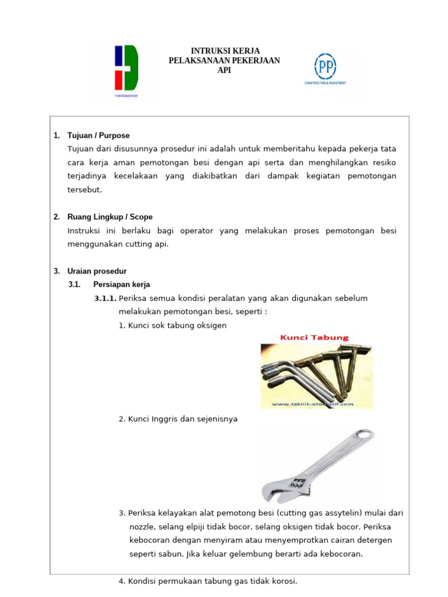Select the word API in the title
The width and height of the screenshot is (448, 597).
coord(224,70)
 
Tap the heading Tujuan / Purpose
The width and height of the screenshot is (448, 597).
coord(98,135)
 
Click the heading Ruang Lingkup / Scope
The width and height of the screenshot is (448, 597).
coord(110,217)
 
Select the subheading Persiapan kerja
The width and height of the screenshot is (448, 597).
coord(121,285)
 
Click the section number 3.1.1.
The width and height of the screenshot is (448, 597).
coord(105,298)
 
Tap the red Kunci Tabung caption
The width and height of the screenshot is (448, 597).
coord(315,337)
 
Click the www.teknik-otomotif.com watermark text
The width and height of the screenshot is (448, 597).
coord(313,403)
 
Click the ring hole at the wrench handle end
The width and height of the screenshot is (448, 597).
coord(365,435)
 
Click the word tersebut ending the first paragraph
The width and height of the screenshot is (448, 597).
coord(85,189)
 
